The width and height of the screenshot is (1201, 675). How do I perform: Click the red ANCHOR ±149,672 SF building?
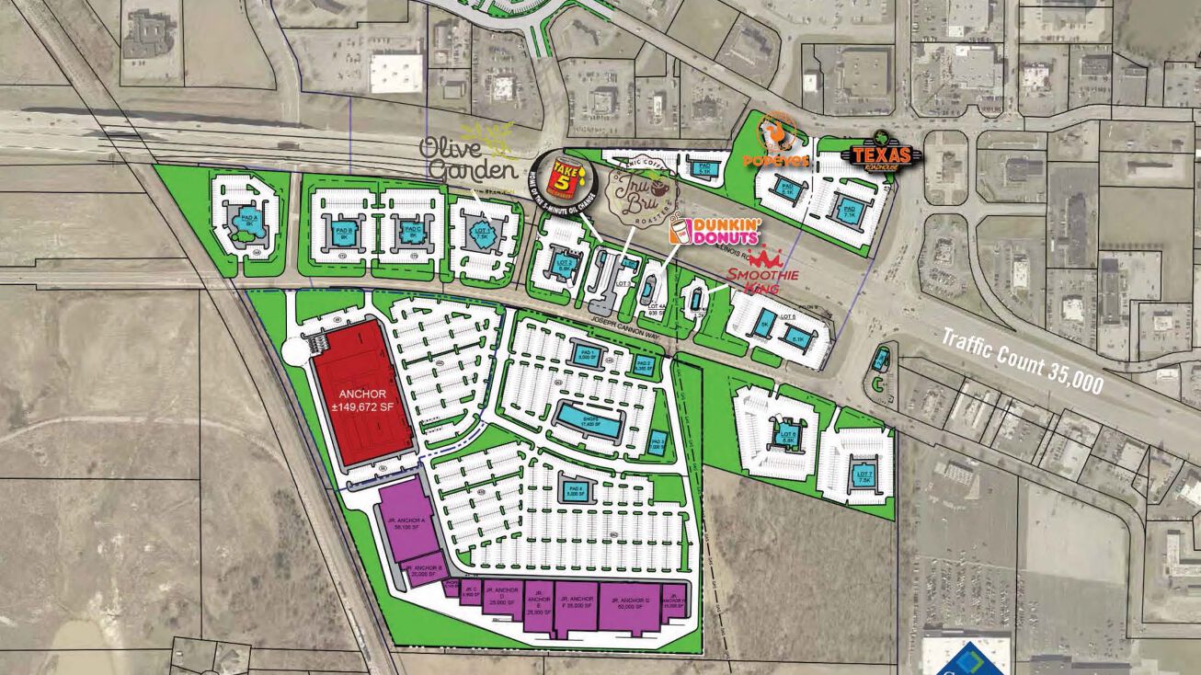[362, 395]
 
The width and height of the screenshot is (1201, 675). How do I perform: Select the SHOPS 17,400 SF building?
[589, 419]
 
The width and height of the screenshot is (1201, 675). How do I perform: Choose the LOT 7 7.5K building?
[862, 476]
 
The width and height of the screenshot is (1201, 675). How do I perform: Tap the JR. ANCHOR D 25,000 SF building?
[499, 601]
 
